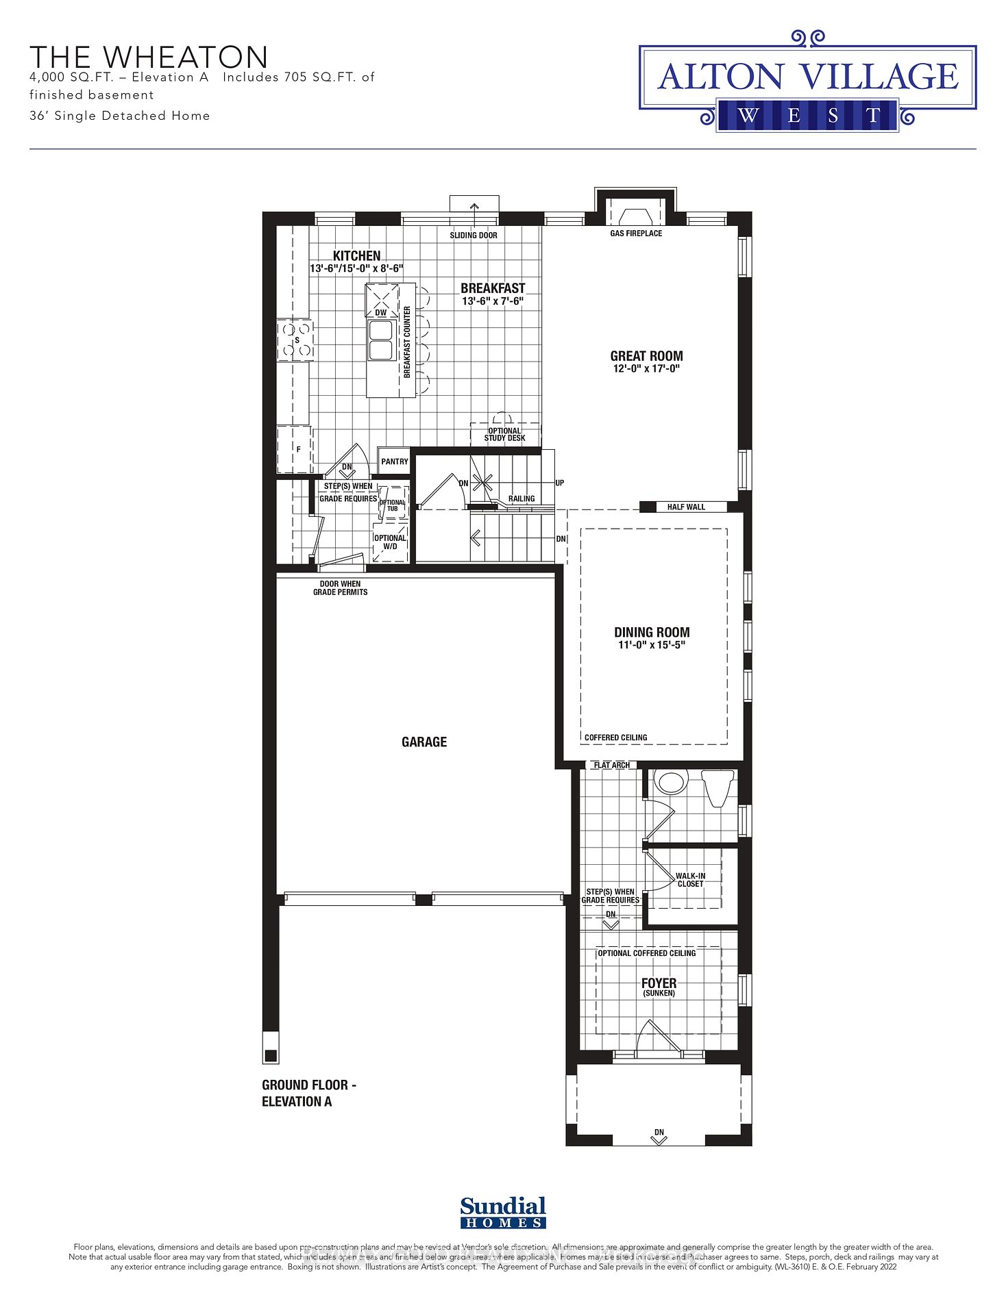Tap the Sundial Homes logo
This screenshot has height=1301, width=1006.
click(503, 1213)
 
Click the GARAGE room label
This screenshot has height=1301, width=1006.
click(424, 742)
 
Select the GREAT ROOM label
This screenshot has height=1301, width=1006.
click(646, 356)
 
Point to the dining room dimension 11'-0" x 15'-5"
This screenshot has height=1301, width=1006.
click(651, 645)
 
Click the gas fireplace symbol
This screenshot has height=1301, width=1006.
click(636, 214)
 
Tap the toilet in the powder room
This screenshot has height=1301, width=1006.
click(719, 787)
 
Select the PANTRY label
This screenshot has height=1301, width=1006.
click(395, 462)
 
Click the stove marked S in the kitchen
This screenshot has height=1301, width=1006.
click(296, 340)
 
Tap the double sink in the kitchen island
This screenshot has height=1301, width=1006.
click(380, 340)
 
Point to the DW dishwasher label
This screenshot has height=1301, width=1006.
click(381, 312)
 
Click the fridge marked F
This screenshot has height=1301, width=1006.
click(295, 449)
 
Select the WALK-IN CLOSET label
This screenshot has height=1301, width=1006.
click(690, 880)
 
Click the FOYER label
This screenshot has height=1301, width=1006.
click(659, 983)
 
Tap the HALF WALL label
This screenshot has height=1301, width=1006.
click(686, 507)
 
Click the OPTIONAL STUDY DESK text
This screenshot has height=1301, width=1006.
click(504, 434)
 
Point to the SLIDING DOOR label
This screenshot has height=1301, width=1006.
click(474, 235)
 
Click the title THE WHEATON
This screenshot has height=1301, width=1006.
click(149, 57)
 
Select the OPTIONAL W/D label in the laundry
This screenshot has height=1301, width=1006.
click(390, 542)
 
